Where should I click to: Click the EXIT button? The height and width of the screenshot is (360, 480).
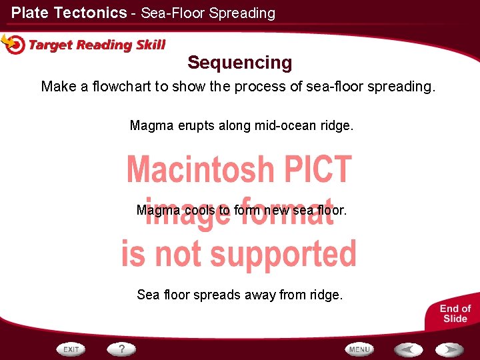[x=71, y=349]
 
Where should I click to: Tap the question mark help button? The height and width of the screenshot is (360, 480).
[x=122, y=348]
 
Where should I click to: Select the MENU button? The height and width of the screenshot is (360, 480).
[x=359, y=349]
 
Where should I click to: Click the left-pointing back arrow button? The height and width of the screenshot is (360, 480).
[x=407, y=349]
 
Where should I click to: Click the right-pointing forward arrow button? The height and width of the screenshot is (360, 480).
[x=449, y=349]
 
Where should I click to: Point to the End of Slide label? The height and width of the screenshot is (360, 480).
[x=455, y=313]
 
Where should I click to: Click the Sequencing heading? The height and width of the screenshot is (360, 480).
[x=239, y=63]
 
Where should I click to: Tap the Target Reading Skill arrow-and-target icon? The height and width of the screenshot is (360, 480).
[x=13, y=44]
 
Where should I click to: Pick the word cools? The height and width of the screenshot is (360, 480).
[x=199, y=210]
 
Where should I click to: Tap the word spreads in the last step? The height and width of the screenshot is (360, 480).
[x=211, y=294]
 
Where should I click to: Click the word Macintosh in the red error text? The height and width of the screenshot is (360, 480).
[x=200, y=169]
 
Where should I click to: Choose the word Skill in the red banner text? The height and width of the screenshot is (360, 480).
[x=151, y=45]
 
